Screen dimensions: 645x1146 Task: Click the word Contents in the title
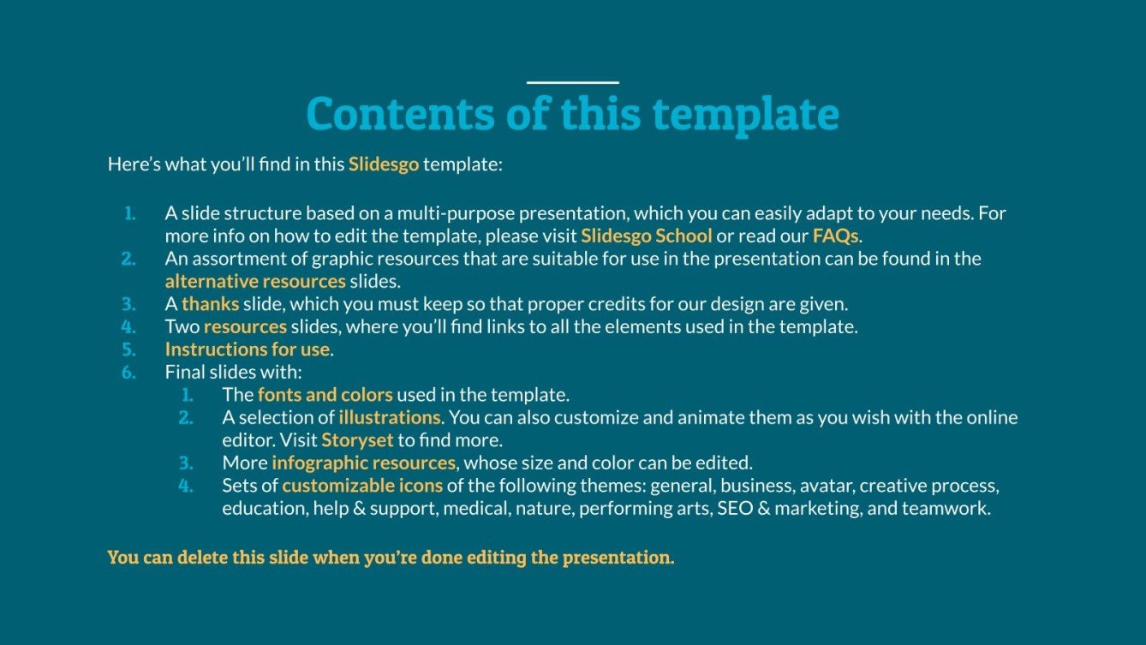(399, 114)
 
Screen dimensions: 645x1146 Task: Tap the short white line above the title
(572, 83)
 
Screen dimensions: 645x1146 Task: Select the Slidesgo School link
(647, 235)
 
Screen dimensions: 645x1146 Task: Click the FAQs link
(835, 235)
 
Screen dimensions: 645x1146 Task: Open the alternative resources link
(255, 281)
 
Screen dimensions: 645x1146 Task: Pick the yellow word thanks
(210, 303)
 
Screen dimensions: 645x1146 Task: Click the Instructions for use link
(248, 349)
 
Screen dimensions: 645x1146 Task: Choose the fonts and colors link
(325, 395)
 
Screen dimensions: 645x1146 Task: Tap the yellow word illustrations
(390, 418)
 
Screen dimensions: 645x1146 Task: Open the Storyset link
(357, 440)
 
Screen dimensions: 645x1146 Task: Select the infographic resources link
(363, 463)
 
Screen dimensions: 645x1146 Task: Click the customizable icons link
(362, 486)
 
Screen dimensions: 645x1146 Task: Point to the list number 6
(128, 373)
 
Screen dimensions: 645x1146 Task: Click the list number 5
(128, 349)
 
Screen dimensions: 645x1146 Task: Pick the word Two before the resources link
(182, 326)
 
